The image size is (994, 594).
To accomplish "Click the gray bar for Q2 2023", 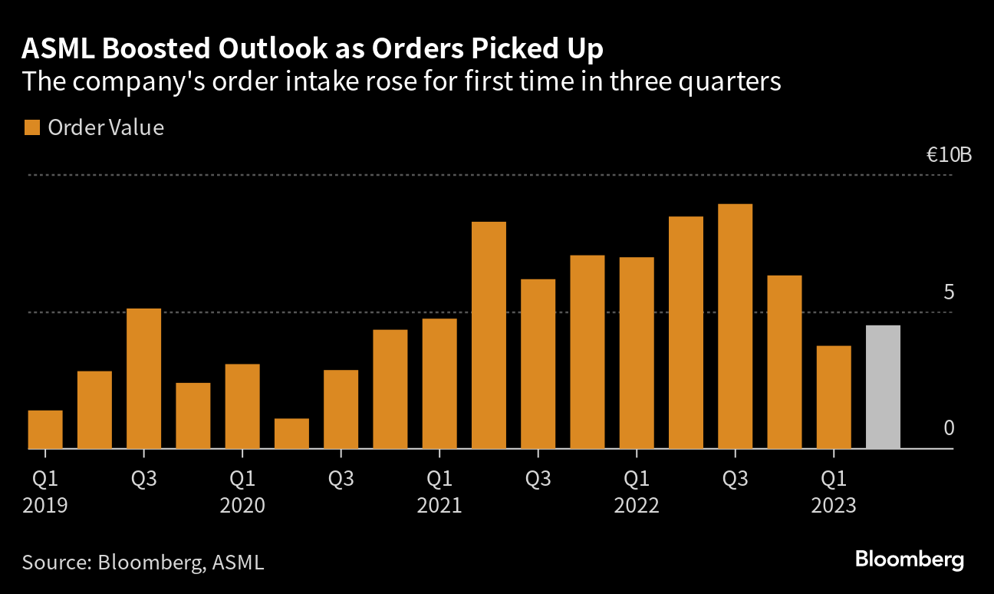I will tap(883, 387).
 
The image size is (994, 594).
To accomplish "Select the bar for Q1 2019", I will tap(45, 429).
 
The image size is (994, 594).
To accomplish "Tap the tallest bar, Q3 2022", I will tap(735, 326).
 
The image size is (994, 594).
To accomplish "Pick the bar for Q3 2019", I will tap(143, 378).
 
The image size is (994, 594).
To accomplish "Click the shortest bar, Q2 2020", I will tap(291, 433).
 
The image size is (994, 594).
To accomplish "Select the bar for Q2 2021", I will tap(489, 335).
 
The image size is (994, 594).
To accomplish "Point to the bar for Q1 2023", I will tap(834, 397).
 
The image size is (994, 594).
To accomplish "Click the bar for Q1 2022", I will tap(637, 352).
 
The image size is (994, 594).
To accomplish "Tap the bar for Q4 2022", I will tap(784, 361).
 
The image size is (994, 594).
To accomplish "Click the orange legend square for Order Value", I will tap(31, 127).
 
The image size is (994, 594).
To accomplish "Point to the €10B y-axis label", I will tap(949, 155).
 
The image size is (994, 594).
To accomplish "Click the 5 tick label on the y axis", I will tap(949, 292).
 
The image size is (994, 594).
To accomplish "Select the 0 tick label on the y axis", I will tap(949, 428).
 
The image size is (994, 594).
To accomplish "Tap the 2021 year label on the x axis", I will tap(439, 506).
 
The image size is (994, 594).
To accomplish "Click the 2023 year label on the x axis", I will tap(834, 506).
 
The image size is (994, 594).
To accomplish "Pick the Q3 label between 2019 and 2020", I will tap(143, 480).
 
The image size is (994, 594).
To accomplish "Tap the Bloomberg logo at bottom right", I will tap(909, 559).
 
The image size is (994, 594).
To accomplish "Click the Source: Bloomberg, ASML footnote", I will tap(143, 562).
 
